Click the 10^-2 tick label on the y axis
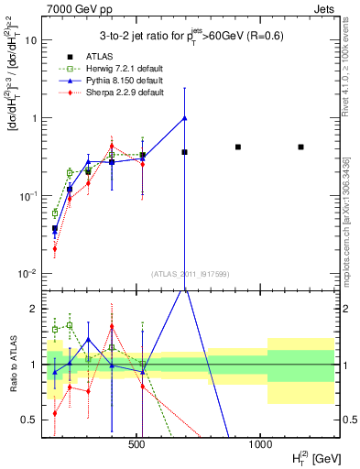point(27,274)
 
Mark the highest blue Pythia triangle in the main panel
point(185,117)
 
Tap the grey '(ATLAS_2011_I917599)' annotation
point(189,275)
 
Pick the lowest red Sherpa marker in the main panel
point(55,248)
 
